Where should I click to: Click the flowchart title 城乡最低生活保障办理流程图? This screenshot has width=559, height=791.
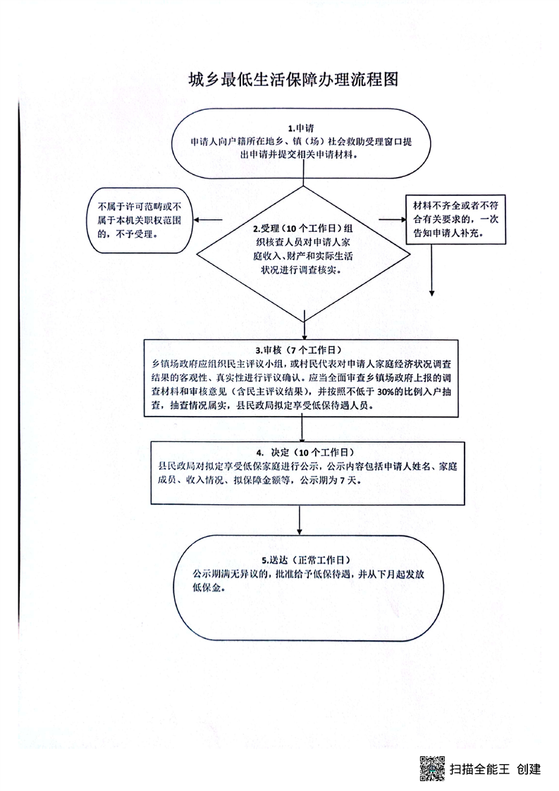[294, 79]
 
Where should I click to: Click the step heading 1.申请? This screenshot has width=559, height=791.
[301, 128]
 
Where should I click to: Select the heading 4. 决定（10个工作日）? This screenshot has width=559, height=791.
[305, 453]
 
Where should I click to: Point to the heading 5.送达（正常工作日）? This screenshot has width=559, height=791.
[306, 560]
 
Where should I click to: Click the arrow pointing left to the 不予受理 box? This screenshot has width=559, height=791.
[209, 220]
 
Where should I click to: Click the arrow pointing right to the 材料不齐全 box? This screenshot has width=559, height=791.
[393, 219]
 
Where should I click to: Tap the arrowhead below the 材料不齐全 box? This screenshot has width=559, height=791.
[432, 293]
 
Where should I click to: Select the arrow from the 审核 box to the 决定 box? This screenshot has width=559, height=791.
[302, 429]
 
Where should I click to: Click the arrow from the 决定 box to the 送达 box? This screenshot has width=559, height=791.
[300, 520]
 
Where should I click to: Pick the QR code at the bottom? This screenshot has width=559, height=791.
[432, 768]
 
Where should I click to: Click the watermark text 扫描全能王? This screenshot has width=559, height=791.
[479, 769]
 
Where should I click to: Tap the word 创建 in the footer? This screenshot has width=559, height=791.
[529, 769]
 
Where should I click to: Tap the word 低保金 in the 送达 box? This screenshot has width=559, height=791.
[207, 587]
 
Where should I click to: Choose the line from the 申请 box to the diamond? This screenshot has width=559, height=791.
[303, 182]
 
